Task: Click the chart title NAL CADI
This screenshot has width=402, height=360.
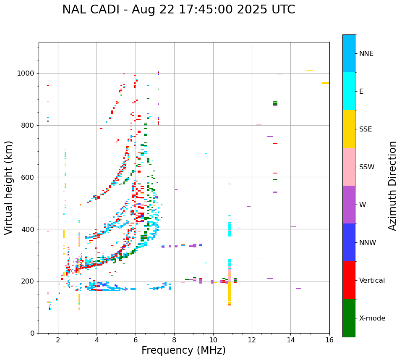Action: [x=178, y=10]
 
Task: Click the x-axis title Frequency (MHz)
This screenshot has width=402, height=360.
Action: [x=183, y=350]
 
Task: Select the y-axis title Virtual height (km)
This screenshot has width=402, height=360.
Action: [x=9, y=187]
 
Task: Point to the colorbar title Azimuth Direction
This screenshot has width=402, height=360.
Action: [x=392, y=186]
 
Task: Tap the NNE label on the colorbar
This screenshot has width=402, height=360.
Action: [x=366, y=54]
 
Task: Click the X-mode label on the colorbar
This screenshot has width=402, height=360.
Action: [x=372, y=318]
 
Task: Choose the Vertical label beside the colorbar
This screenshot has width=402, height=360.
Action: [x=372, y=281]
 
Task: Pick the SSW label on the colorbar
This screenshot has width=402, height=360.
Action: [x=367, y=167]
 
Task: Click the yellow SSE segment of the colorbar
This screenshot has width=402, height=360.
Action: [x=349, y=129]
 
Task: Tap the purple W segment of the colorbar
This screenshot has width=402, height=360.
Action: [x=349, y=205]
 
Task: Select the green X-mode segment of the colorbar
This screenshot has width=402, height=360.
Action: [x=349, y=318]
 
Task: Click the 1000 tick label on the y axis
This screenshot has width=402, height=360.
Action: [x=26, y=74]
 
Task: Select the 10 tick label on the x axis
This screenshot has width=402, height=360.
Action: [x=213, y=340]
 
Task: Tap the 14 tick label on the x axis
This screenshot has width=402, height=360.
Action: [x=290, y=340]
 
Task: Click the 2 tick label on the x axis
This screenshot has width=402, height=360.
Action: [x=58, y=340]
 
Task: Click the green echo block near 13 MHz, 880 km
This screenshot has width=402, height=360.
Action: [x=275, y=103]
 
